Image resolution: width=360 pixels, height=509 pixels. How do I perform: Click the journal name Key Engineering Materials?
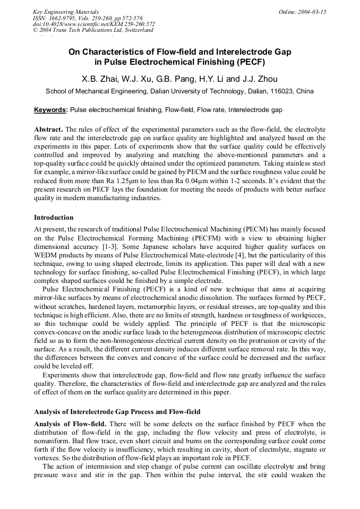pyautogui.click(x=66, y=11)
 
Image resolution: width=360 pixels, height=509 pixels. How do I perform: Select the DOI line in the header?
pyautogui.click(x=94, y=24)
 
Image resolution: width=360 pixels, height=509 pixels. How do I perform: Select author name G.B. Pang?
pyautogui.click(x=172, y=79)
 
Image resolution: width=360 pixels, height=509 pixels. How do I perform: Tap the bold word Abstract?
pyautogui.click(x=48, y=130)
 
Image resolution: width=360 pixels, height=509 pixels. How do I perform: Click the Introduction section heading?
pyautogui.click(x=54, y=218)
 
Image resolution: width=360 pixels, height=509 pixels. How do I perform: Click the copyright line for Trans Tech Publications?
pyautogui.click(x=93, y=30)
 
